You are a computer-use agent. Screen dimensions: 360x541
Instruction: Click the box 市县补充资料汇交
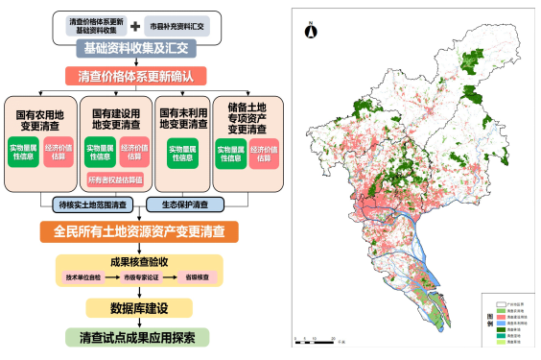190,23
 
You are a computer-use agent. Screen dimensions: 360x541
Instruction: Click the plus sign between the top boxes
137,23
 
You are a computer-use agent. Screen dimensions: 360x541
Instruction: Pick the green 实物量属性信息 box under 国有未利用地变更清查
182,152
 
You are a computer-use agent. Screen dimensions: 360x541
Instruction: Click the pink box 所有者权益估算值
114,180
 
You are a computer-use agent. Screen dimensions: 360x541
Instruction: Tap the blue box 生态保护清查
184,204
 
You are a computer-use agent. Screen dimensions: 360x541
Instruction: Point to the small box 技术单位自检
83,276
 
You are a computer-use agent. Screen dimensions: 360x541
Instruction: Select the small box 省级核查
200,276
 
